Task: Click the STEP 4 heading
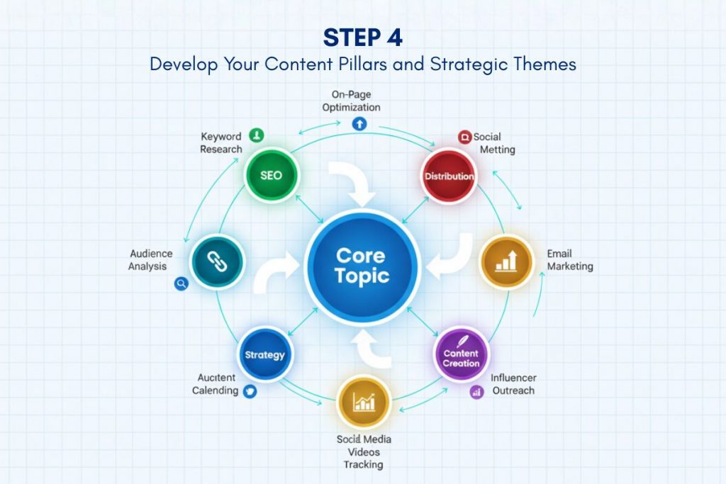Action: tap(363, 38)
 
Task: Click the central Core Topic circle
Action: tap(362, 267)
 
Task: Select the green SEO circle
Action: tap(272, 175)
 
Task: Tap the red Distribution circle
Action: tap(449, 176)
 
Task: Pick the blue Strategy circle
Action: tap(265, 354)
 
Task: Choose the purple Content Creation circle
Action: tap(461, 354)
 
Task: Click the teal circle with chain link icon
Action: tap(217, 262)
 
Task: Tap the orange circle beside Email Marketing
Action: tap(506, 262)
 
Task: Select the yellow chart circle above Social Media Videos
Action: tap(364, 403)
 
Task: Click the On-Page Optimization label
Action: tap(352, 101)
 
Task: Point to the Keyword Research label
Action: tap(221, 143)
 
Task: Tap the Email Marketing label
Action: tap(570, 260)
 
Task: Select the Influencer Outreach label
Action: tap(513, 384)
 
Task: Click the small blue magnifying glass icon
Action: tap(181, 283)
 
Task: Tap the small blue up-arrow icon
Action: tap(359, 123)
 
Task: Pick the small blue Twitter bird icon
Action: tap(250, 391)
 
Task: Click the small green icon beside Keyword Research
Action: tap(257, 135)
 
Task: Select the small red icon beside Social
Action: tap(464, 137)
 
